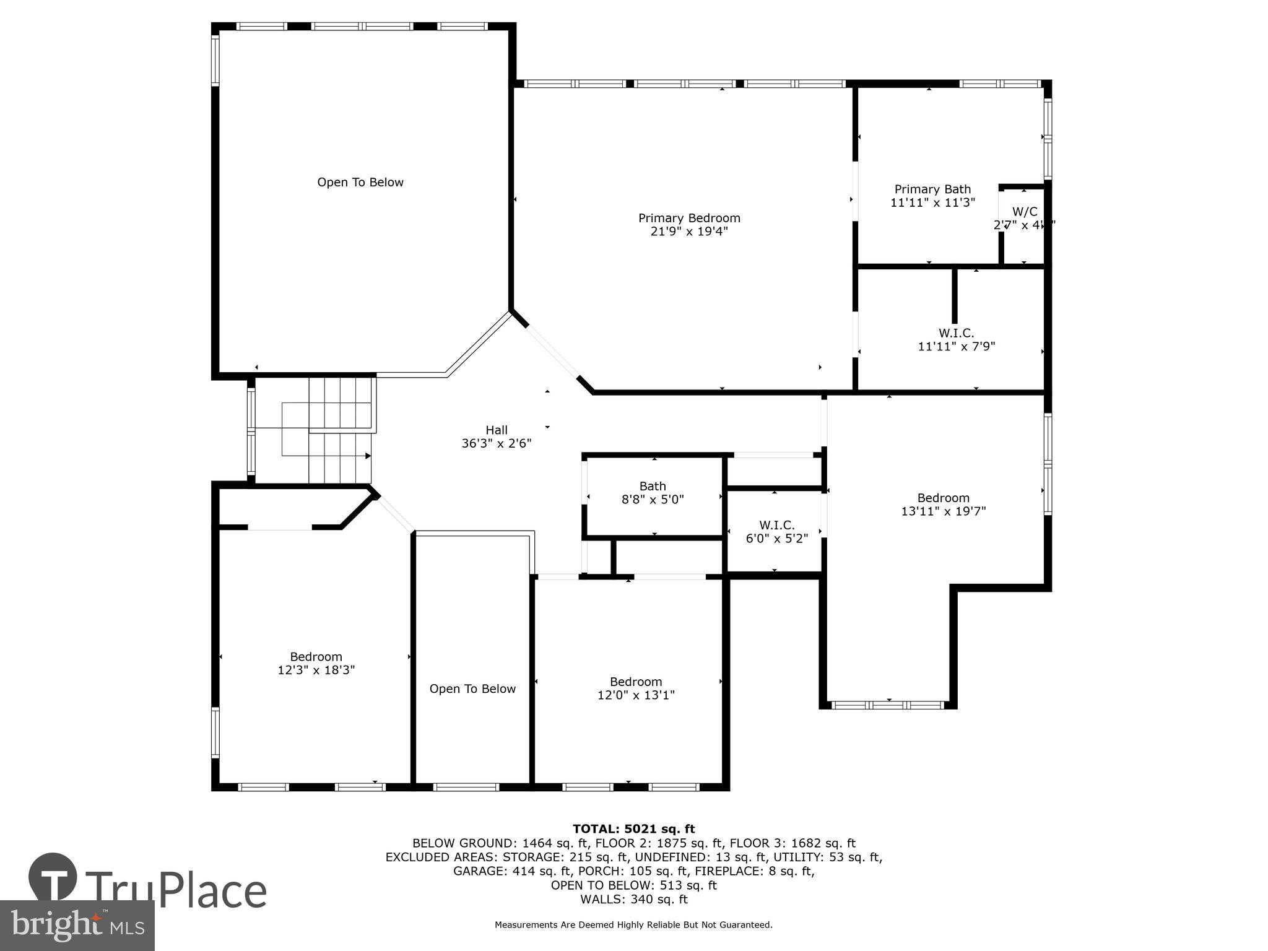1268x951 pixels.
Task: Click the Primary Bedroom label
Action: [x=689, y=218]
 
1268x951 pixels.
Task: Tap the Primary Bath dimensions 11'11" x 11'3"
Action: [x=932, y=202]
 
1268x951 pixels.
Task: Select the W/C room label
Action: [x=1025, y=212]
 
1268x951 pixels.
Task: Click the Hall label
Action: [x=497, y=430]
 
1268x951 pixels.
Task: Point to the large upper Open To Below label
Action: [x=360, y=182]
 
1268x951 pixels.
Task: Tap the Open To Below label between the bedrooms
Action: [x=472, y=688]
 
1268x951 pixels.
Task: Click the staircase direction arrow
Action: [x=368, y=456]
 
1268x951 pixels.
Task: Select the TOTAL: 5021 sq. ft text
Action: [x=633, y=829]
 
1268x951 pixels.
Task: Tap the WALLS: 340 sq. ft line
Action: [x=633, y=899]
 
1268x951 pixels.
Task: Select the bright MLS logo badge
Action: [x=77, y=925]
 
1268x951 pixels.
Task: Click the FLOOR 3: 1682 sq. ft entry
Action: [x=792, y=843]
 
